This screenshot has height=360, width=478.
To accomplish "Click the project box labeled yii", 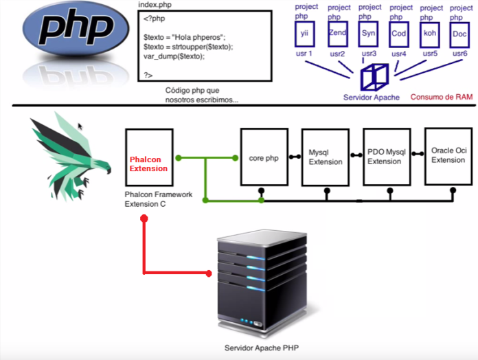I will pos(305,33).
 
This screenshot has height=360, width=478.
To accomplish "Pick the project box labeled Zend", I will pos(337,33).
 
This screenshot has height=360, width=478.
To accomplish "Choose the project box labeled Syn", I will pos(368,33).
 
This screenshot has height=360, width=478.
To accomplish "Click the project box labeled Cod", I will pos(399,33).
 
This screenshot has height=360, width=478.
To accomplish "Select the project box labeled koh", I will pos(430,33).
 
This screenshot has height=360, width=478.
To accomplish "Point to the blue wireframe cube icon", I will pos(374,76).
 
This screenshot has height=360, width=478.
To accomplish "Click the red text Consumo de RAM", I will pos(441,97).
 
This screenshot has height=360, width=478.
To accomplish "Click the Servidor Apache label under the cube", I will pos(372,97).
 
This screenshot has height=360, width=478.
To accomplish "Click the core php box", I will pos(262,158).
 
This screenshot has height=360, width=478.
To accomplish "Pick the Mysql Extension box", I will pos(325,157).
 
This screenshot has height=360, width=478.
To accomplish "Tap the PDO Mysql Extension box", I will pos(387,157).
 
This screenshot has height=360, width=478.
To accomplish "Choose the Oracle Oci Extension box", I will pos(448,155).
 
